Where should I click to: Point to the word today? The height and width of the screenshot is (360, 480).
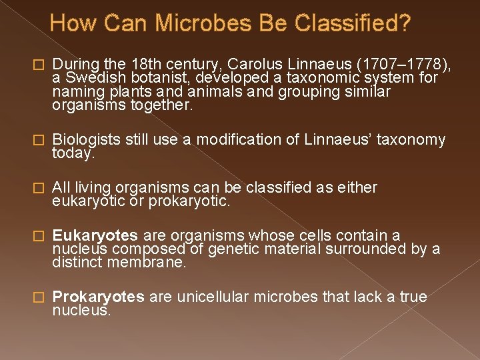pyautogui.click(x=74, y=153)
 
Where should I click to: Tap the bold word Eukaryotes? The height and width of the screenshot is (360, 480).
pyautogui.click(x=95, y=236)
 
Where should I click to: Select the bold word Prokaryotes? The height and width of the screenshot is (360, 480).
pyautogui.click(x=98, y=297)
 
